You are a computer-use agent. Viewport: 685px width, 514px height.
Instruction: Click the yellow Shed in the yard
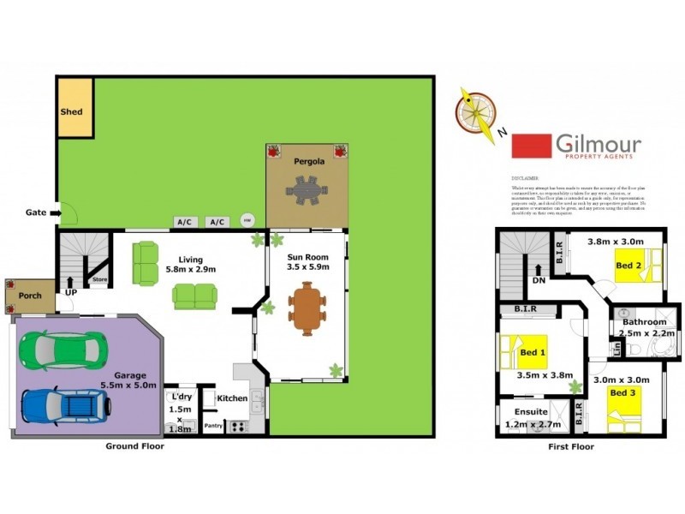74,107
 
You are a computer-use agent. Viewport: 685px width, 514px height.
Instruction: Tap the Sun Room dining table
306,308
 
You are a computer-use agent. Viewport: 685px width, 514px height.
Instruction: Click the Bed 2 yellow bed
638,264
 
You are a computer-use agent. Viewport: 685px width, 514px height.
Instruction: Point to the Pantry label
213,425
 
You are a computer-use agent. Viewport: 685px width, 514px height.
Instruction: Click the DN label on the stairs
539,279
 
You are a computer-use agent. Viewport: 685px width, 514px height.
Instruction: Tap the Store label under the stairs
99,278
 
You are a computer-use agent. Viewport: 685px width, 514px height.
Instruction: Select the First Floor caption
569,447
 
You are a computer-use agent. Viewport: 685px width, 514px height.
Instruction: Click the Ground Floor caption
135,446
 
